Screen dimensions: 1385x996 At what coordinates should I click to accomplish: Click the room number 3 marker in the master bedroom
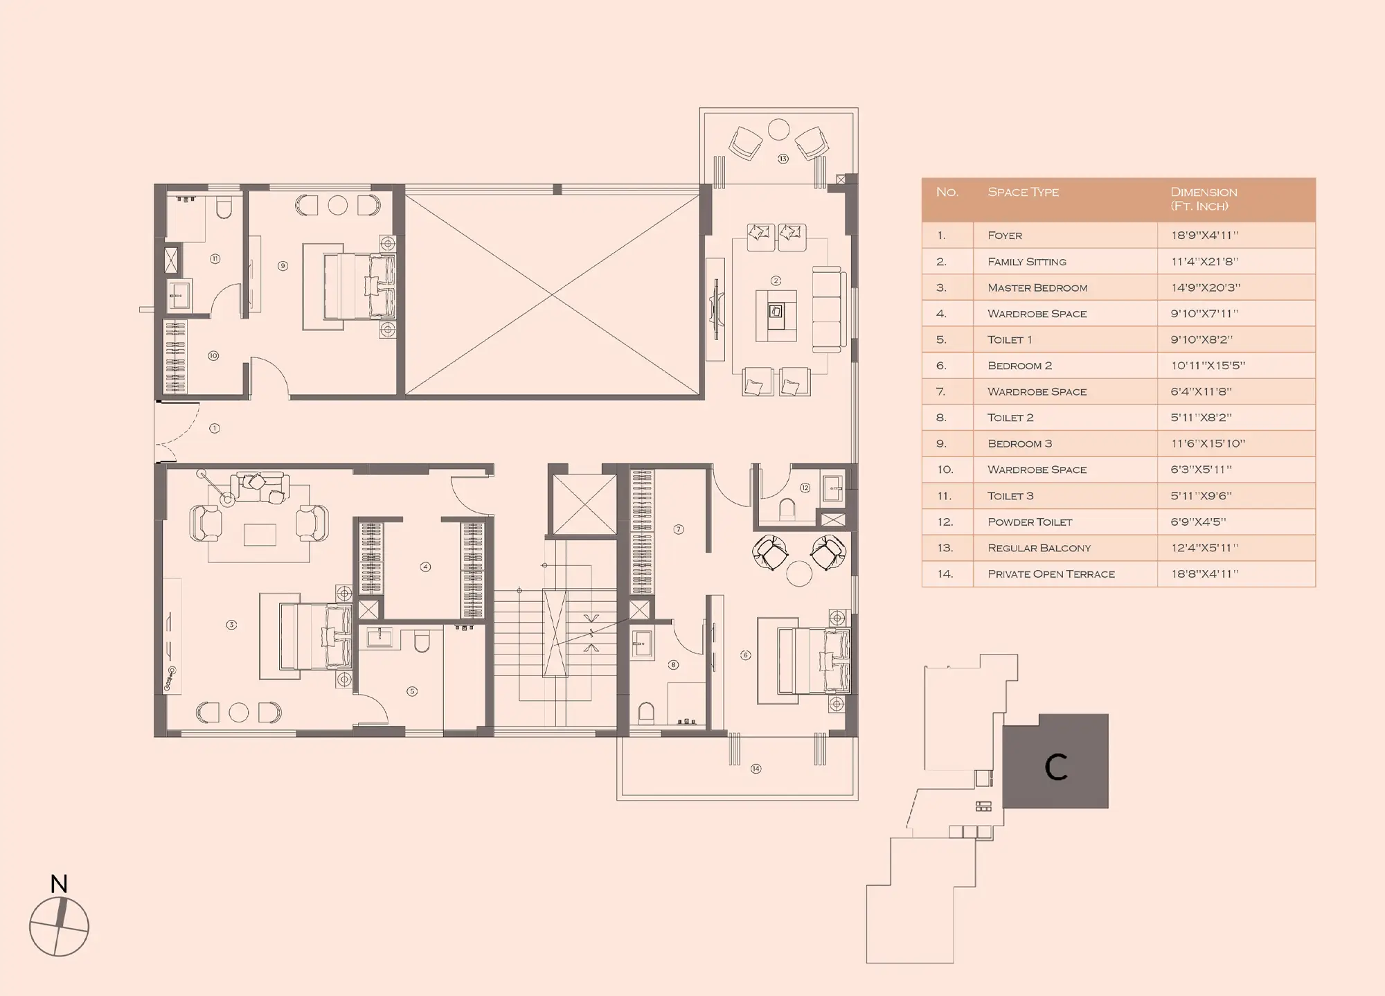click(x=231, y=625)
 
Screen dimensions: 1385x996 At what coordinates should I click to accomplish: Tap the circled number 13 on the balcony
click(x=783, y=159)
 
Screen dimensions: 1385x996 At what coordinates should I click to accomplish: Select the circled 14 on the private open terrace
click(x=756, y=768)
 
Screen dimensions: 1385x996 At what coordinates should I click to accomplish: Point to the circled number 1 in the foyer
click(x=215, y=428)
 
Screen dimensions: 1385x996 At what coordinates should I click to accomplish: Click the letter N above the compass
click(x=59, y=884)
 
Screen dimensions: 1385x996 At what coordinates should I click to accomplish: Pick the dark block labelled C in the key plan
click(x=1056, y=761)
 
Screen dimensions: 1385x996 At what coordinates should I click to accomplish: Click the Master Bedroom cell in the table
click(x=1037, y=287)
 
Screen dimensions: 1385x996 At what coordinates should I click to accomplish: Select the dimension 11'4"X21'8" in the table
click(x=1205, y=262)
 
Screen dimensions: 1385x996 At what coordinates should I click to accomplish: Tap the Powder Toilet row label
click(x=1030, y=522)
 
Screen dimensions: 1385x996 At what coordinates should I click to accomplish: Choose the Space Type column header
click(x=1023, y=192)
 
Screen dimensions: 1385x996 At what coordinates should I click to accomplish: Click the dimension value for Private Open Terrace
click(x=1205, y=573)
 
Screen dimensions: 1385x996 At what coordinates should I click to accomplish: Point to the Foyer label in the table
click(x=1005, y=235)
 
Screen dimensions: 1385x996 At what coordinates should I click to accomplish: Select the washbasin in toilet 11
click(x=179, y=294)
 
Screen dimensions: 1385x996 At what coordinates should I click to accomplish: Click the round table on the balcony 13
click(x=779, y=130)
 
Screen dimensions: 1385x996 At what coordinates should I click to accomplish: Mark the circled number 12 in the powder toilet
click(x=805, y=488)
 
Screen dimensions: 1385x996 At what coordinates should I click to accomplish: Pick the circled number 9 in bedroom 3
click(x=283, y=265)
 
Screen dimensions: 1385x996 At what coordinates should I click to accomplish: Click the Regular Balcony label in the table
click(x=1039, y=548)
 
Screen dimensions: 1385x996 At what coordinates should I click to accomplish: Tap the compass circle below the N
click(x=59, y=927)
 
